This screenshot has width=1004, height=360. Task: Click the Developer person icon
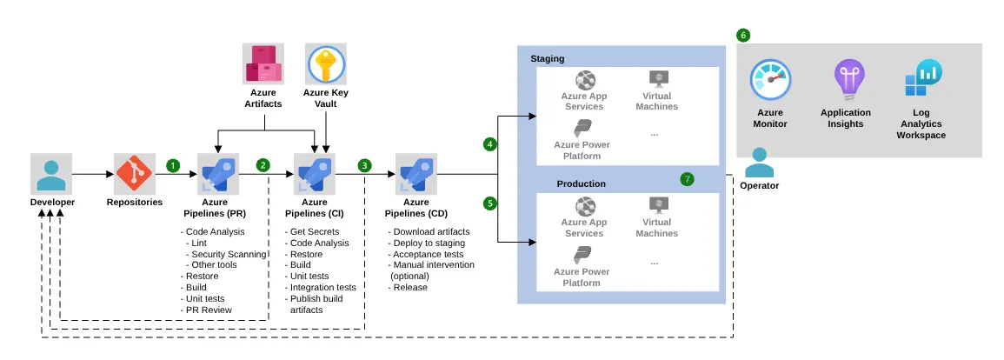point(51,174)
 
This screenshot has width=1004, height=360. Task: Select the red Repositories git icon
point(135,174)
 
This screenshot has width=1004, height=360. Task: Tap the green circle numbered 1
point(173,164)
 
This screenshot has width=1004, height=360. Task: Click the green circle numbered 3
point(363,164)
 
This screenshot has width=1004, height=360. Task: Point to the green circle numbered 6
point(742,36)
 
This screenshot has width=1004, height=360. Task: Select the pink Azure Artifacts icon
point(263,66)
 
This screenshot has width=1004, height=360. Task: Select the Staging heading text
point(548,58)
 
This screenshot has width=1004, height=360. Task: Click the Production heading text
point(581,183)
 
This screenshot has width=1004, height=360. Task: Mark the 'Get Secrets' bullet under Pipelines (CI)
point(316,231)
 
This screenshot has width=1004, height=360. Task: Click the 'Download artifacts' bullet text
point(431,231)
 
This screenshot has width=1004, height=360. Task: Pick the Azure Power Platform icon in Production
point(583,257)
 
